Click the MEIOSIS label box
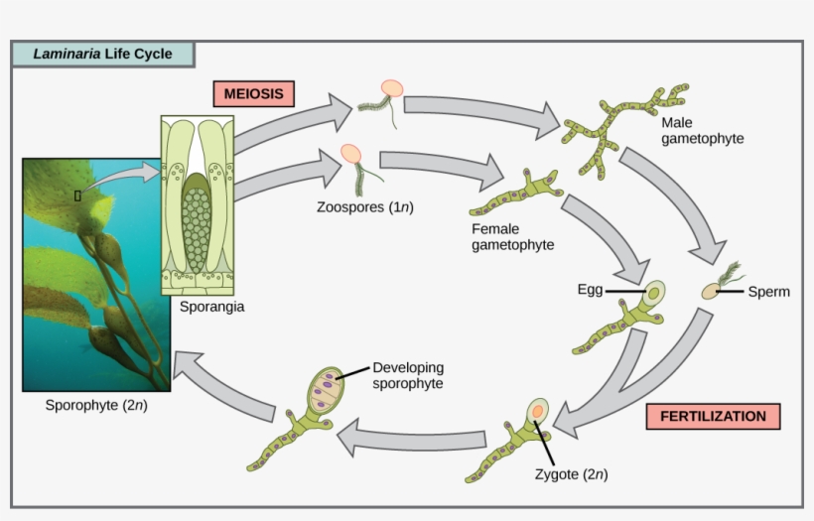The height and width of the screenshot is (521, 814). coord(253,94)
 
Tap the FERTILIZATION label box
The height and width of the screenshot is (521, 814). coord(713,416)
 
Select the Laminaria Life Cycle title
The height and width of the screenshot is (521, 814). coord(101,54)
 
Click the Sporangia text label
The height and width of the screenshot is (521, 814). coord(211,307)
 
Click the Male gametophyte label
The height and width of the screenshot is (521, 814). coord(702,129)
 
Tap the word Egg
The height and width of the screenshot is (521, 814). coord(590,290)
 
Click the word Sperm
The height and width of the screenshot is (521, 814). coord(769,292)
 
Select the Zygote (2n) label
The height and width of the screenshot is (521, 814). coord(569,473)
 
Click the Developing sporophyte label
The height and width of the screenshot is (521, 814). coord(408,374)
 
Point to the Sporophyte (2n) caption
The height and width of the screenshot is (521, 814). coord(96,405)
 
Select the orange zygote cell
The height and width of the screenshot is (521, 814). coord(537,411)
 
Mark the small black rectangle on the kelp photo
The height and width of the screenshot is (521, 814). coord(77,195)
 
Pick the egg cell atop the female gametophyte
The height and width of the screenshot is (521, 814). coord(653,294)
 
